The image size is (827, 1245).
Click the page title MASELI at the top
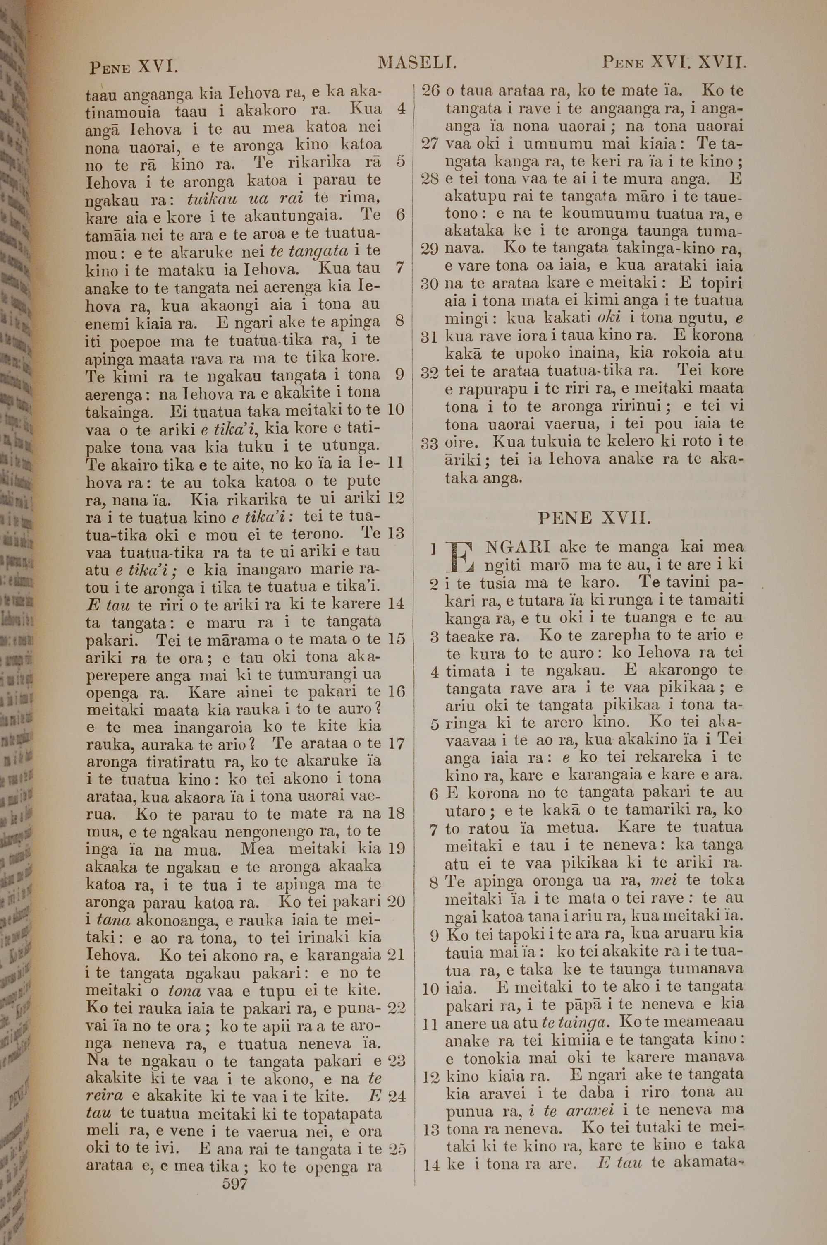417,64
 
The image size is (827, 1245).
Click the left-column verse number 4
401,109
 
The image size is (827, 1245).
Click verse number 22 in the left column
396,1007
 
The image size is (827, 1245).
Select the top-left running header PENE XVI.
134,67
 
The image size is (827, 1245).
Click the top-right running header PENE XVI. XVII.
674,64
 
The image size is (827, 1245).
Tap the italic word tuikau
213,199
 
